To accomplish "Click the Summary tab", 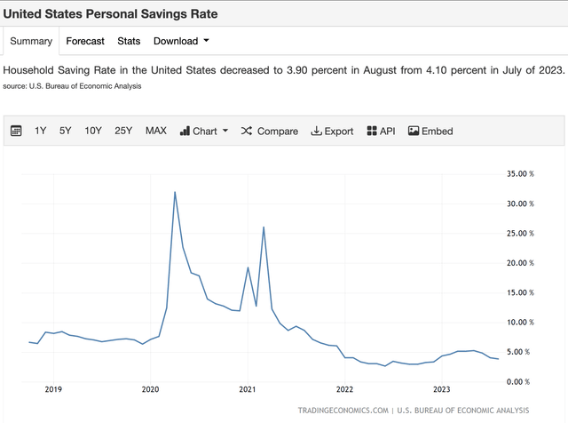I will [30, 41].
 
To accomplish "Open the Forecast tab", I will [85, 41].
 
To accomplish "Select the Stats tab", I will [129, 41].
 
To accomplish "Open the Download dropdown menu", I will [181, 41].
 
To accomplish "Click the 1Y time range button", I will [41, 131].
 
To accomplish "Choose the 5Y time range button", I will [66, 131].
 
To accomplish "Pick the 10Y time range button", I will [93, 131].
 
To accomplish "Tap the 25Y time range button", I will [123, 131].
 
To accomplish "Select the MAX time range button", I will [155, 131].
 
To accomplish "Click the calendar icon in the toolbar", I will [16, 131].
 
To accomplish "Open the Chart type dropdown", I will [204, 131].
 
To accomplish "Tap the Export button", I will [332, 131].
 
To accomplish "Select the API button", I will [381, 131].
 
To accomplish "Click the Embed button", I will [430, 131].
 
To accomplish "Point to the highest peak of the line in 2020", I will [174, 192].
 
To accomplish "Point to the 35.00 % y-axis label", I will [518, 174].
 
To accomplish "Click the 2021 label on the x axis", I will [248, 389].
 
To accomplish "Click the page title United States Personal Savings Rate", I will [110, 15].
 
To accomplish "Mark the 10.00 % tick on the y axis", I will [518, 322].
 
